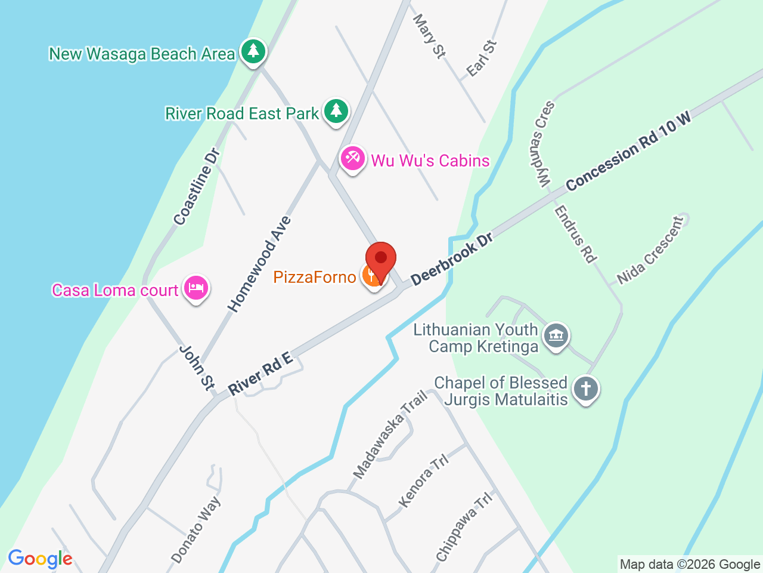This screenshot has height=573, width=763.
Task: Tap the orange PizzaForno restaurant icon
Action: [372, 276]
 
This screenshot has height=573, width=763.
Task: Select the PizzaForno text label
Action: [315, 277]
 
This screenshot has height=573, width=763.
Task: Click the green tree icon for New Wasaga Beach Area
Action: [253, 51]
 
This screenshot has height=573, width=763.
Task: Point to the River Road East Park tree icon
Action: [336, 111]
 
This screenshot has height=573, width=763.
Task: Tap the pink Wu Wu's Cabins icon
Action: [352, 159]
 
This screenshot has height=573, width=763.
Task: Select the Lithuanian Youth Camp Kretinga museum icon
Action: [556, 336]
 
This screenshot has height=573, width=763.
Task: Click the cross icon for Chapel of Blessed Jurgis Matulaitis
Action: [585, 389]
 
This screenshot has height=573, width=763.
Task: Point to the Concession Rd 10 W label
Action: [628, 152]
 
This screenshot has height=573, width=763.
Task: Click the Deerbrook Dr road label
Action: [452, 258]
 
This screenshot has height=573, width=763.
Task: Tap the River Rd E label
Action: [260, 374]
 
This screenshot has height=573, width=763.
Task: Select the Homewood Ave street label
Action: [260, 264]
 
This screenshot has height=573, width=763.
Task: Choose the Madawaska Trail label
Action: [390, 434]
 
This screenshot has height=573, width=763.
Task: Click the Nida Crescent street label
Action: [650, 250]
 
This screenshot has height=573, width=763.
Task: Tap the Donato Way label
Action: [196, 529]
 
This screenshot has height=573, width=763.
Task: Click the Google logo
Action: [40, 559]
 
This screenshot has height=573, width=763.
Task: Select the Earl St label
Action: [482, 58]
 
